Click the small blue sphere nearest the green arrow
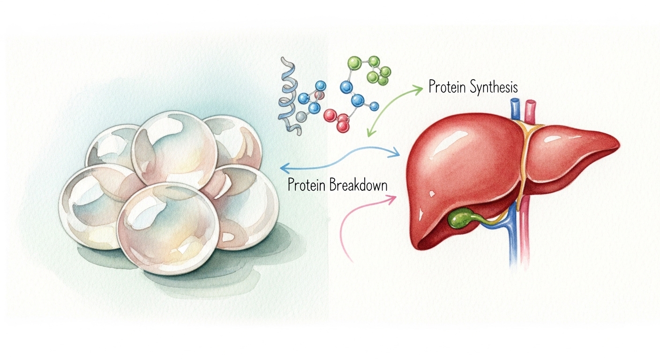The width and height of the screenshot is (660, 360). (374, 106)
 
